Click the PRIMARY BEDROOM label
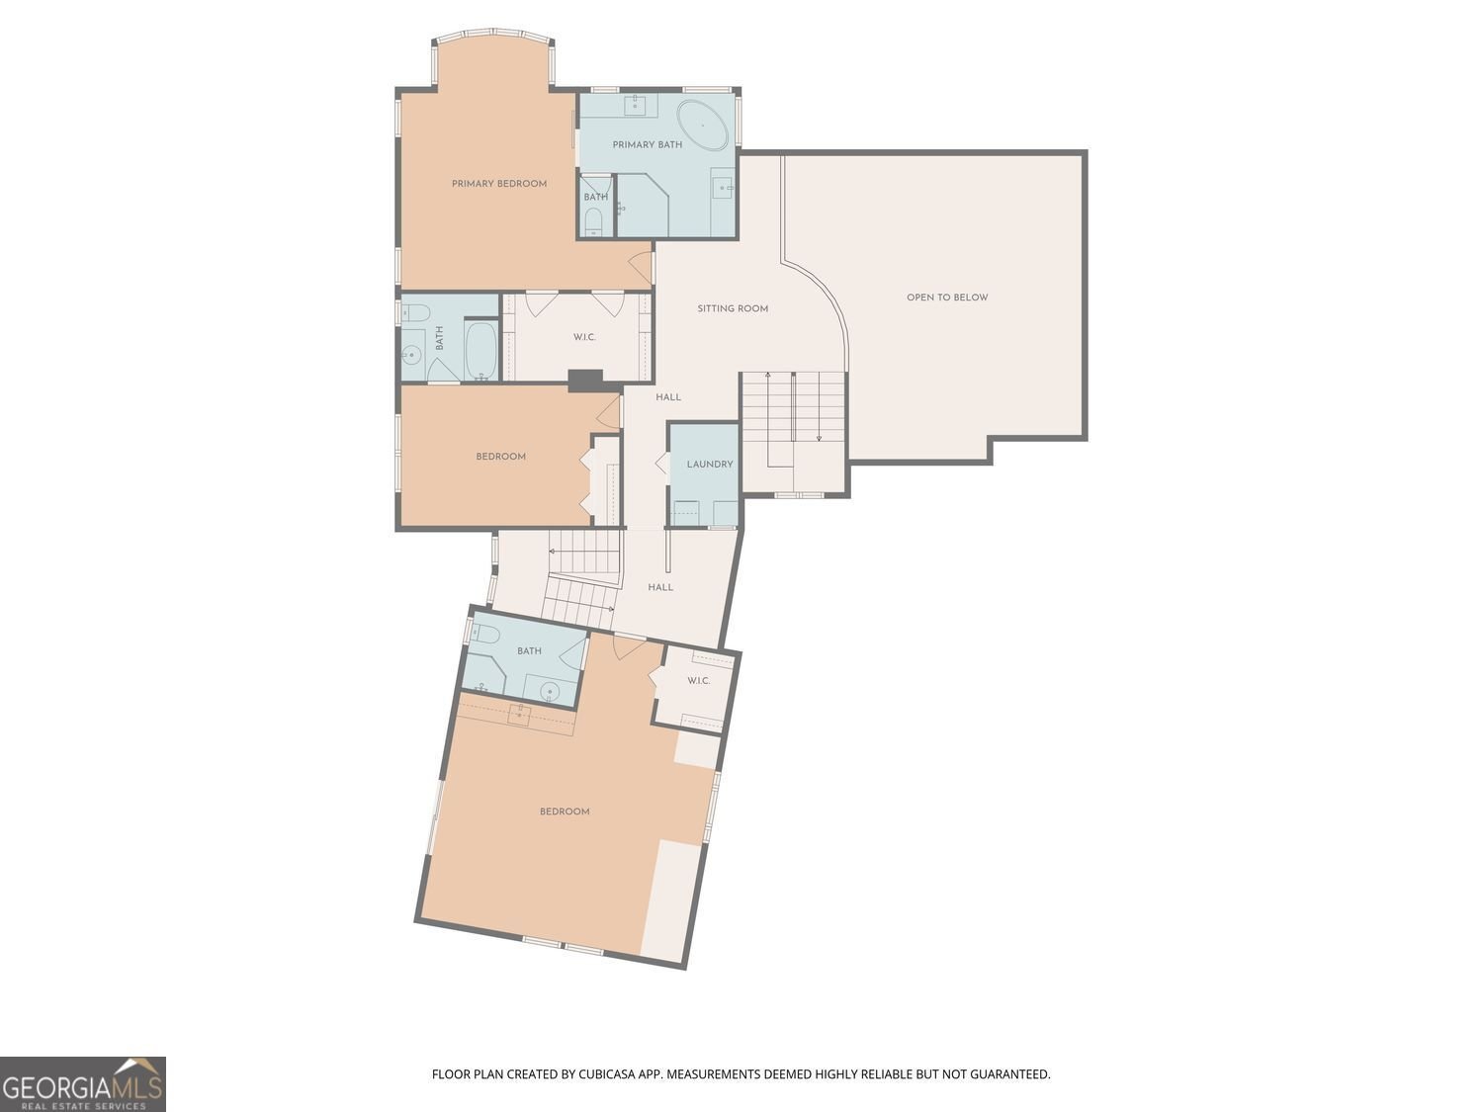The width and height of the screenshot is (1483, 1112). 499,184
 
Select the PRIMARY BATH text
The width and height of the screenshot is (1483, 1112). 648,145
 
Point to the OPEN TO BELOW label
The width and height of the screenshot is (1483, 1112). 947,298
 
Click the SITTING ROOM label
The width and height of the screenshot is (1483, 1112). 733,308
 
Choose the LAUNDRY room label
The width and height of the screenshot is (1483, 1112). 710,465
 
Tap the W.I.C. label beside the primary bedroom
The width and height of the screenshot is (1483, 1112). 584,338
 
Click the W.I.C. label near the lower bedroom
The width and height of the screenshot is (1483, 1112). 699,681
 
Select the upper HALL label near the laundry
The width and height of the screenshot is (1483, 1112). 668,397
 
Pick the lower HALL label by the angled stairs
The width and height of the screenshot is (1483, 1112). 660,587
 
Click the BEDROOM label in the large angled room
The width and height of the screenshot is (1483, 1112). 565,812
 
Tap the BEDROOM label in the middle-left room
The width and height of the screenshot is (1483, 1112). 501,457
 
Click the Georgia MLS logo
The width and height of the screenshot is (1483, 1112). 83,1084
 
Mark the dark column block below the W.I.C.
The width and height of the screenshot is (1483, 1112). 585,381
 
